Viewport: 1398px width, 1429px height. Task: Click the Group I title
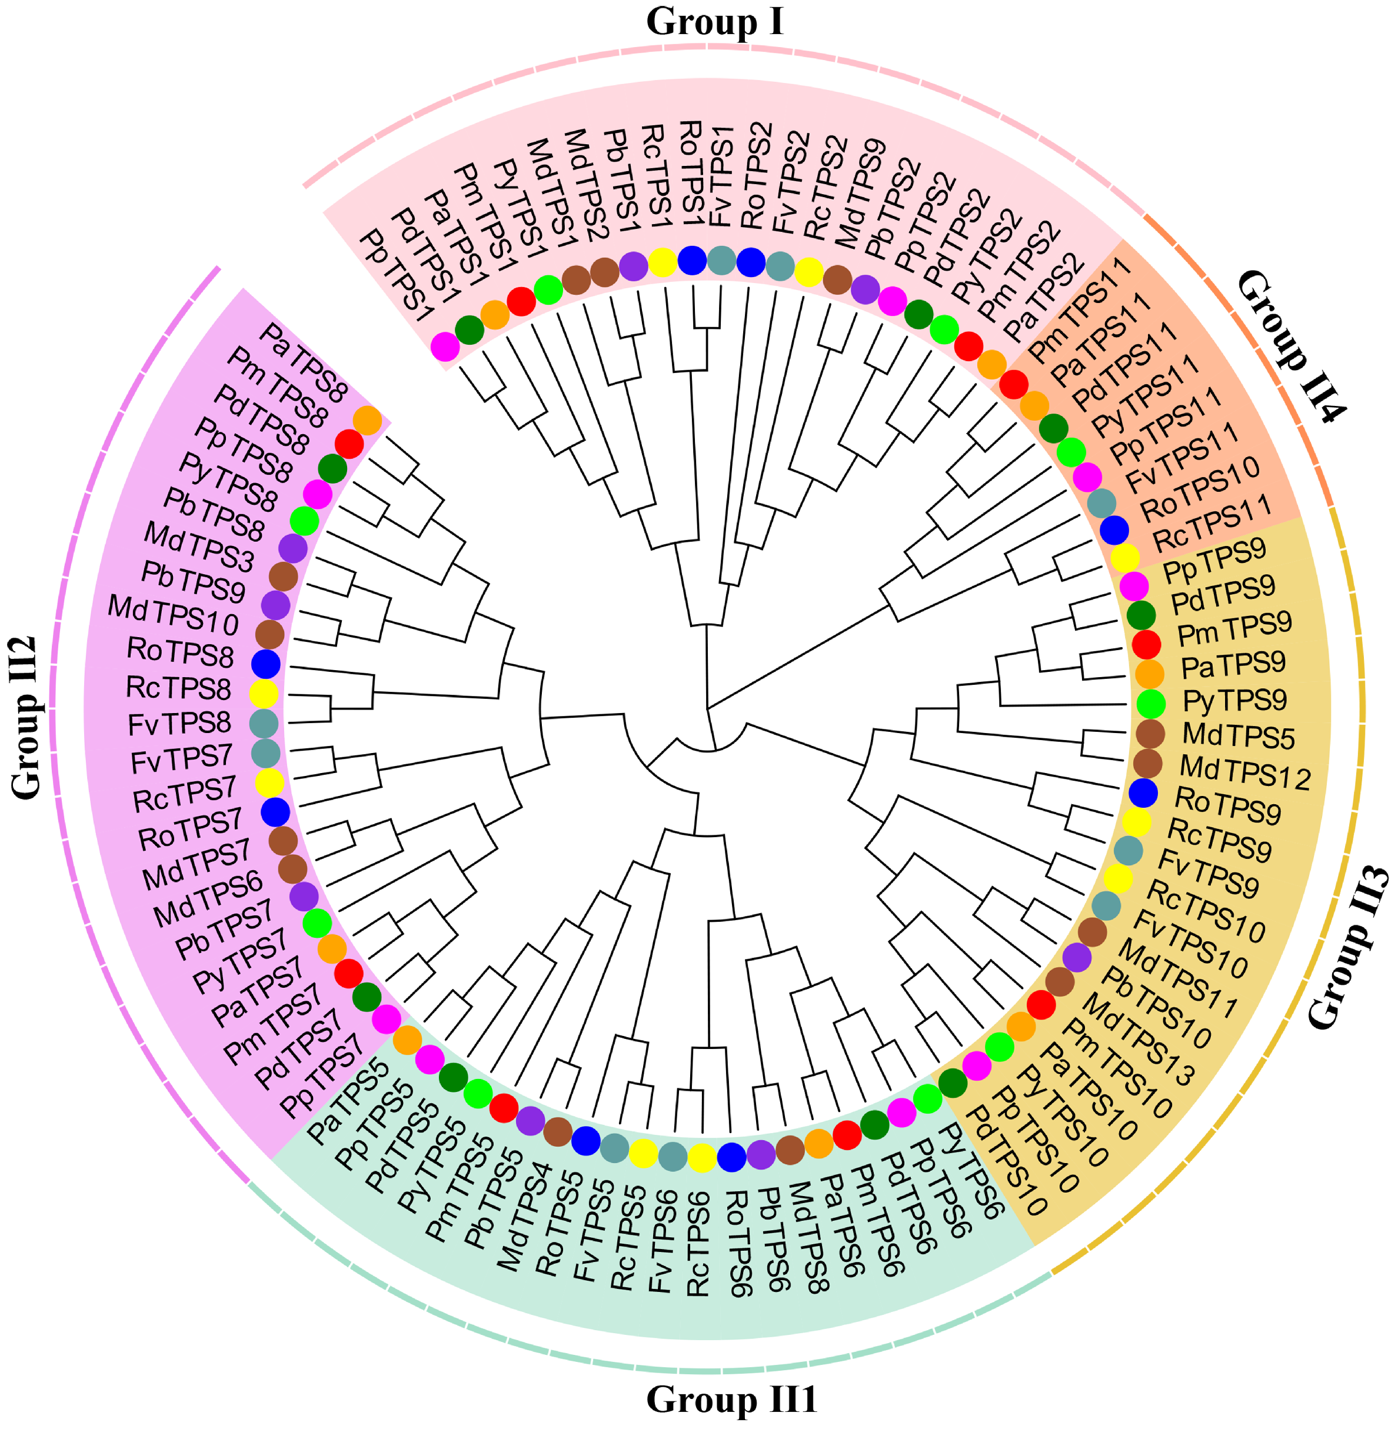click(x=714, y=22)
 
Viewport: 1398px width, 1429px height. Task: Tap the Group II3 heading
click(x=1350, y=948)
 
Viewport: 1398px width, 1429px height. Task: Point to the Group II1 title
click(x=731, y=1400)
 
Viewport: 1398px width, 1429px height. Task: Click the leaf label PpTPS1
click(x=396, y=276)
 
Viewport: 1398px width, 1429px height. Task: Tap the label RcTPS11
click(x=1211, y=524)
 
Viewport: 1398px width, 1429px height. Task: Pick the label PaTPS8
click(x=302, y=363)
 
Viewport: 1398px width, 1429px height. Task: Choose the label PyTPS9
click(x=1234, y=701)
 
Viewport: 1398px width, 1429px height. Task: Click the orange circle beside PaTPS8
click(x=367, y=421)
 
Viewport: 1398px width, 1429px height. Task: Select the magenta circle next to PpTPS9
click(x=1133, y=586)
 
